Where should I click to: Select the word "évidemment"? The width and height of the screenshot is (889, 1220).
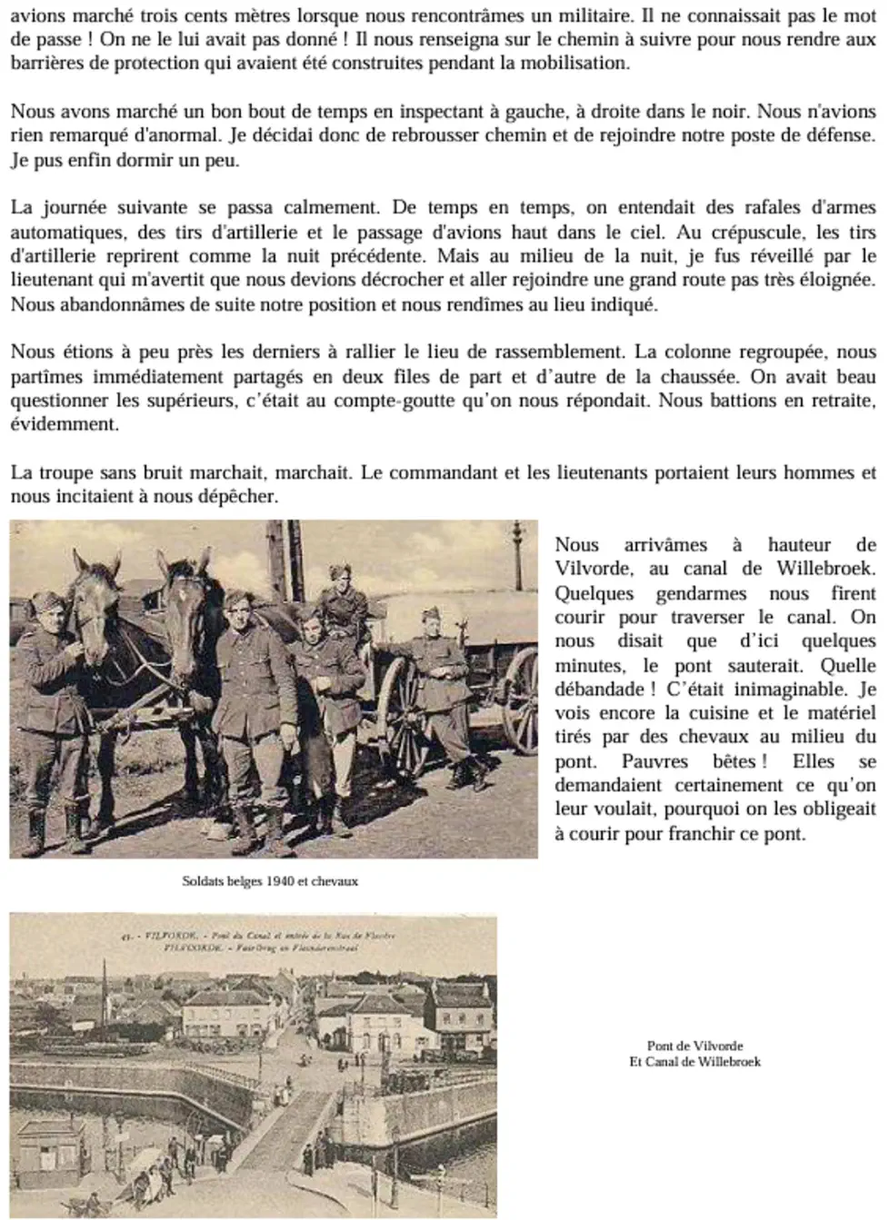tap(64, 424)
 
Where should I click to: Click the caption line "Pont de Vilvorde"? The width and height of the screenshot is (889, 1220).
tap(694, 1046)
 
